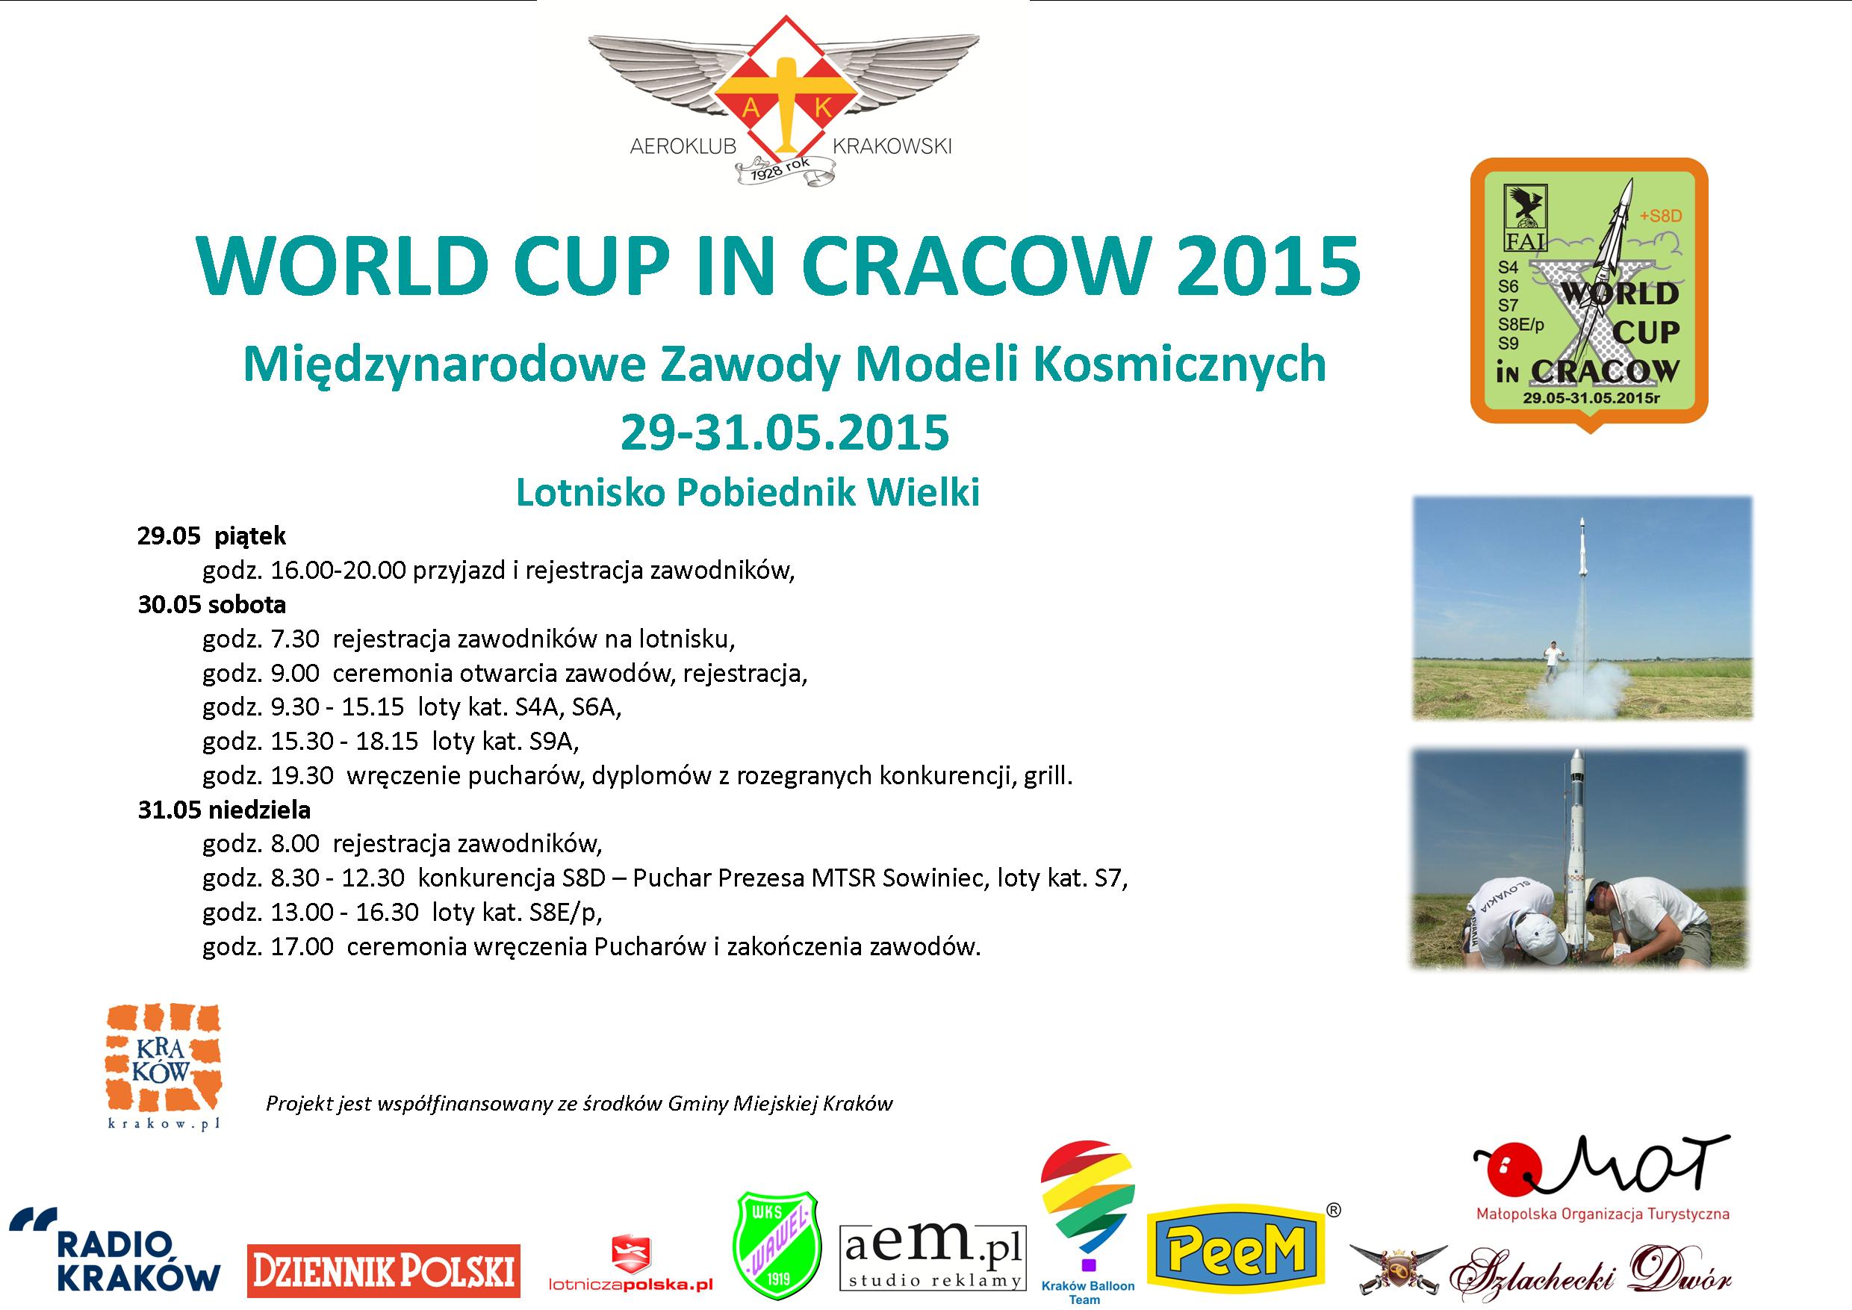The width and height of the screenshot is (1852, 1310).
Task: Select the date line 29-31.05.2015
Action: click(x=784, y=432)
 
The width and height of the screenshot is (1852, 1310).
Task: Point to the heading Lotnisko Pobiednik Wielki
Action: click(x=748, y=493)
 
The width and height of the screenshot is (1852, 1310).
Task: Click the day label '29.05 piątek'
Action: click(x=211, y=536)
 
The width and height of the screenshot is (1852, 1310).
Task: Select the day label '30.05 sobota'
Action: click(x=211, y=604)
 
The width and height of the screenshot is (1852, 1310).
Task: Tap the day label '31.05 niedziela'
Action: click(x=223, y=810)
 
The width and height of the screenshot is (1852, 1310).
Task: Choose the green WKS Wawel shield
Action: click(x=776, y=1247)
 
